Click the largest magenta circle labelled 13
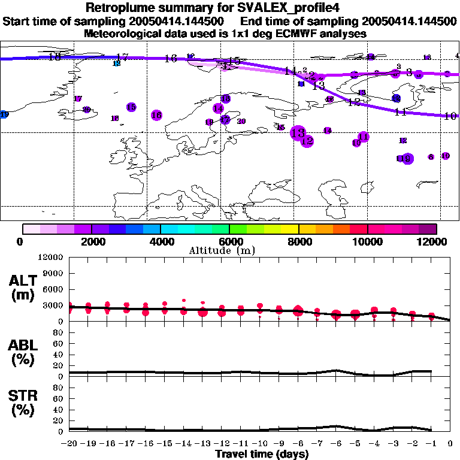[298, 133]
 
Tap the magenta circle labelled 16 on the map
[156, 115]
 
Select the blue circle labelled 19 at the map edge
[4, 114]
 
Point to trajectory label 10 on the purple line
[450, 116]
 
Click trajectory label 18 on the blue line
[55, 57]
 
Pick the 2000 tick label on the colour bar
[91, 241]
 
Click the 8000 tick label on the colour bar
[298, 241]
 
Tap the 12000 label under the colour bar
[435, 241]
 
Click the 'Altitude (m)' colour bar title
[229, 250]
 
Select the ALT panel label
[22, 287]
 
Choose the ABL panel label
[22, 353]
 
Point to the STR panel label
[22, 402]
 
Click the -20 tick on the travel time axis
[69, 443]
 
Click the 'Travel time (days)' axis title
[262, 454]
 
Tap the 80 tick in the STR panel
[59, 387]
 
